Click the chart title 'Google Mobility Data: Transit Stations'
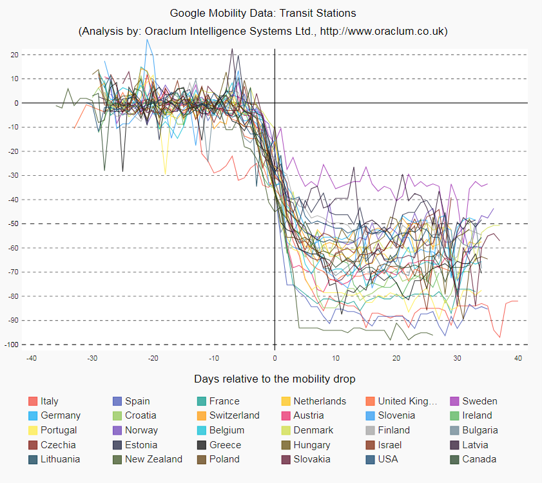[263, 13]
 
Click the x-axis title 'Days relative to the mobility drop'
[275, 379]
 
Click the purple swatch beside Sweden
[455, 401]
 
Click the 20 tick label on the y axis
[14, 55]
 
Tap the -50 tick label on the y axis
[13, 224]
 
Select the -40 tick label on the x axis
[30, 358]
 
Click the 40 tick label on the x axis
[518, 358]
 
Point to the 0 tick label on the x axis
[275, 358]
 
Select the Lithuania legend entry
[61, 459]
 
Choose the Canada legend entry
[479, 459]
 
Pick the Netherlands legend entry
[320, 401]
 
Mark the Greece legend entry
[225, 444]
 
